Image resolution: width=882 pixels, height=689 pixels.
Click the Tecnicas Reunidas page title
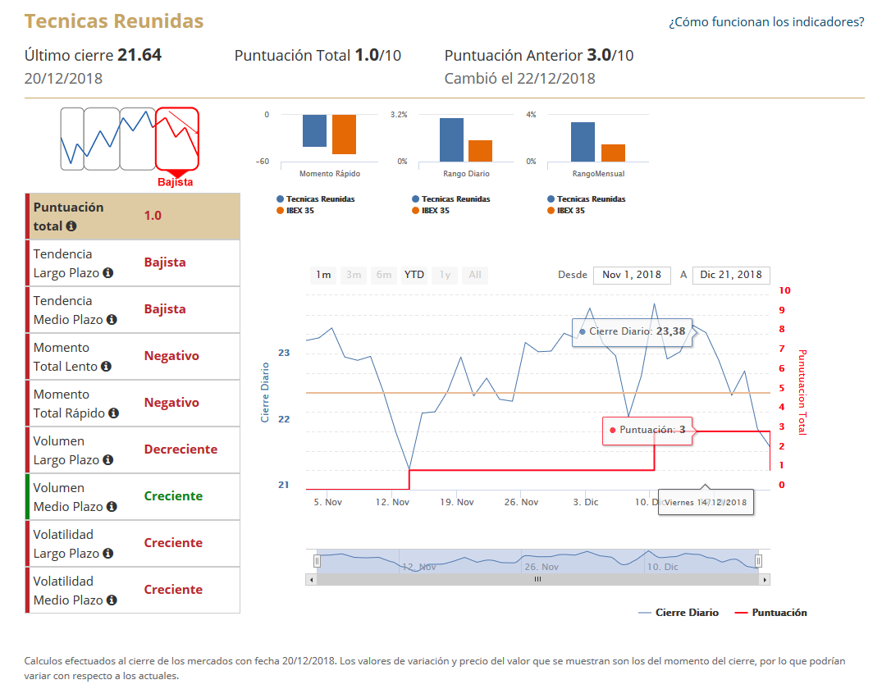pyautogui.click(x=114, y=21)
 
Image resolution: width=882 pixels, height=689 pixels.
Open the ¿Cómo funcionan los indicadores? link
pyautogui.click(x=766, y=22)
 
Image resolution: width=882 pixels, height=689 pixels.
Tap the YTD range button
pyautogui.click(x=414, y=275)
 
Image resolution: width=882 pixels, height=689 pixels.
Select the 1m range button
pyautogui.click(x=324, y=275)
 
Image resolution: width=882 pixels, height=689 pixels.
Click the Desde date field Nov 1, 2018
pyautogui.click(x=632, y=275)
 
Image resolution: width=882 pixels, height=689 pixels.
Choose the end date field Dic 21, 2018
pyautogui.click(x=731, y=275)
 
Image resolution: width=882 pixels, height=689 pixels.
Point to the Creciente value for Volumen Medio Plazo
pyautogui.click(x=173, y=496)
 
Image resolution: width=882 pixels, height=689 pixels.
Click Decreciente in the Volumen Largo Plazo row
pyautogui.click(x=181, y=449)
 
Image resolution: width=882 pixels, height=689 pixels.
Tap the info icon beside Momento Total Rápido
pyautogui.click(x=113, y=413)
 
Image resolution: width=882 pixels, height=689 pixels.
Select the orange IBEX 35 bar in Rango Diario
pyautogui.click(x=480, y=151)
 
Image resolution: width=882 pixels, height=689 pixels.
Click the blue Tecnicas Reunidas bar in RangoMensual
pyautogui.click(x=583, y=142)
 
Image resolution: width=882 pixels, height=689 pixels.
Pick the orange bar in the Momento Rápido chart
pyautogui.click(x=344, y=135)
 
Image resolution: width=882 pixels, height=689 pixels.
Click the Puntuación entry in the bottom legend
pyautogui.click(x=779, y=613)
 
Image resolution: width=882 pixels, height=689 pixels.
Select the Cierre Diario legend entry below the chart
pyautogui.click(x=686, y=613)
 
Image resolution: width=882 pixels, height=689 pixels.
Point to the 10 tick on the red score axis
pyautogui.click(x=785, y=290)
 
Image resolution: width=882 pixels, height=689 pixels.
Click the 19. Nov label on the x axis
pyautogui.click(x=457, y=502)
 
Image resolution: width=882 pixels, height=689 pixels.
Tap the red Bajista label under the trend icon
pyautogui.click(x=175, y=182)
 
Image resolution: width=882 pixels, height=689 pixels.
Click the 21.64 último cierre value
pyautogui.click(x=139, y=55)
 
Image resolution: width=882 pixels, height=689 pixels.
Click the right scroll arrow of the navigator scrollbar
pyautogui.click(x=765, y=579)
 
